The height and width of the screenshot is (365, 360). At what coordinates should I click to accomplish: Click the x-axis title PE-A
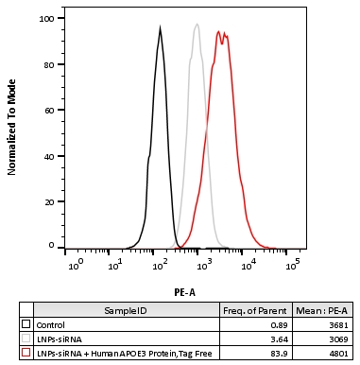[x=185, y=293]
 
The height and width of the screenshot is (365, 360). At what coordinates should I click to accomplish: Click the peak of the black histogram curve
[x=161, y=27]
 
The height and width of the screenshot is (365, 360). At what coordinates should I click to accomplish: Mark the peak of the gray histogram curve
[x=197, y=25]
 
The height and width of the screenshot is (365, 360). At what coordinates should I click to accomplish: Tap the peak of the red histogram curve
[x=218, y=32]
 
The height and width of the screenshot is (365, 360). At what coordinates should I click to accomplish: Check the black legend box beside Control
[x=26, y=323]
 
